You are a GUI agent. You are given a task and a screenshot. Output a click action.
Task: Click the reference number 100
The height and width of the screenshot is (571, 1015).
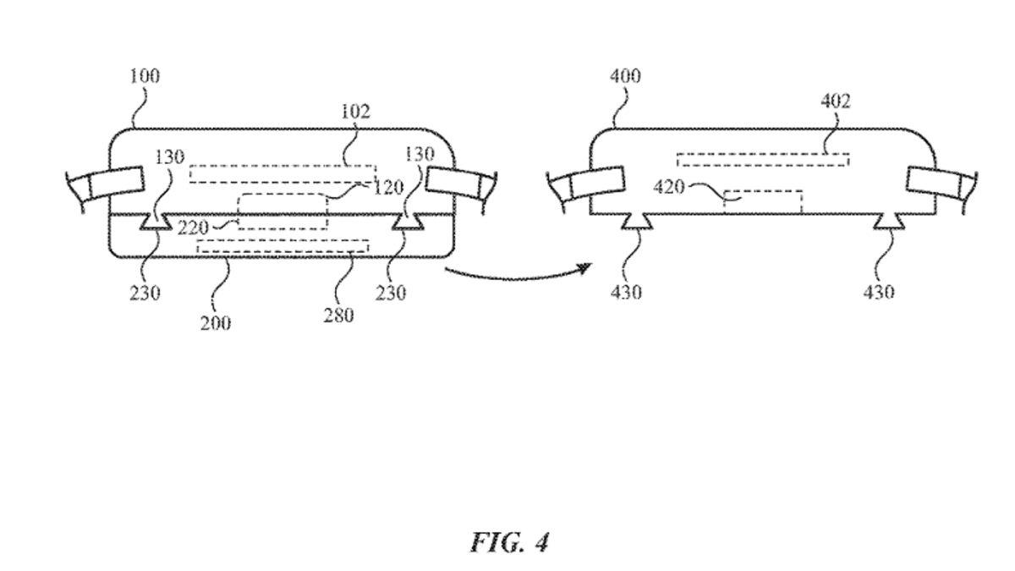tap(145, 76)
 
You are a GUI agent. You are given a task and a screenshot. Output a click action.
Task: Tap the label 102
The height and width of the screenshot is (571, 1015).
tap(355, 112)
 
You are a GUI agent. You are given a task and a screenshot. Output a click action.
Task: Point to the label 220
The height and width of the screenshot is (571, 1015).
tap(193, 228)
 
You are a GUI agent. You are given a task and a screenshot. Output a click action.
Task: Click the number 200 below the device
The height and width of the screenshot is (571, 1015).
tap(216, 323)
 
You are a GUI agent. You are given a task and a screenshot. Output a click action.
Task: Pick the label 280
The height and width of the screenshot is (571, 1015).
tap(338, 316)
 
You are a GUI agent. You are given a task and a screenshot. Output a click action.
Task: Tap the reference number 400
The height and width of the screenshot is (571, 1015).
tap(625, 76)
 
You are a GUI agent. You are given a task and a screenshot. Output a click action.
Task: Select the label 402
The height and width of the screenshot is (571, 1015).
tap(836, 102)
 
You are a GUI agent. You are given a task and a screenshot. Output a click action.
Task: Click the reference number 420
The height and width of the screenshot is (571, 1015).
tap(669, 186)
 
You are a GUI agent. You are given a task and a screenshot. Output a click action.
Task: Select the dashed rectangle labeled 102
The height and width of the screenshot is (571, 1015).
tap(283, 173)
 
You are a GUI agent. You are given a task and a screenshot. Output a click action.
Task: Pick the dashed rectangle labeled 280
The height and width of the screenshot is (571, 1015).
tap(283, 246)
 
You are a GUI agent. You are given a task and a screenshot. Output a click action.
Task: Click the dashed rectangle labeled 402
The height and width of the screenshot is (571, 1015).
tap(763, 159)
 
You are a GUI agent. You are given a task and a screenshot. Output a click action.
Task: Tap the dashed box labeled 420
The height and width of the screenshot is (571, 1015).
tap(763, 201)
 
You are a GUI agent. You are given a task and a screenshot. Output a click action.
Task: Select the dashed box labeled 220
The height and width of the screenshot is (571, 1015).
tap(283, 222)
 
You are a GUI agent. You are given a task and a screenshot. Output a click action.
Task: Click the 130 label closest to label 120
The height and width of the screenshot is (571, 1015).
tap(419, 154)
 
